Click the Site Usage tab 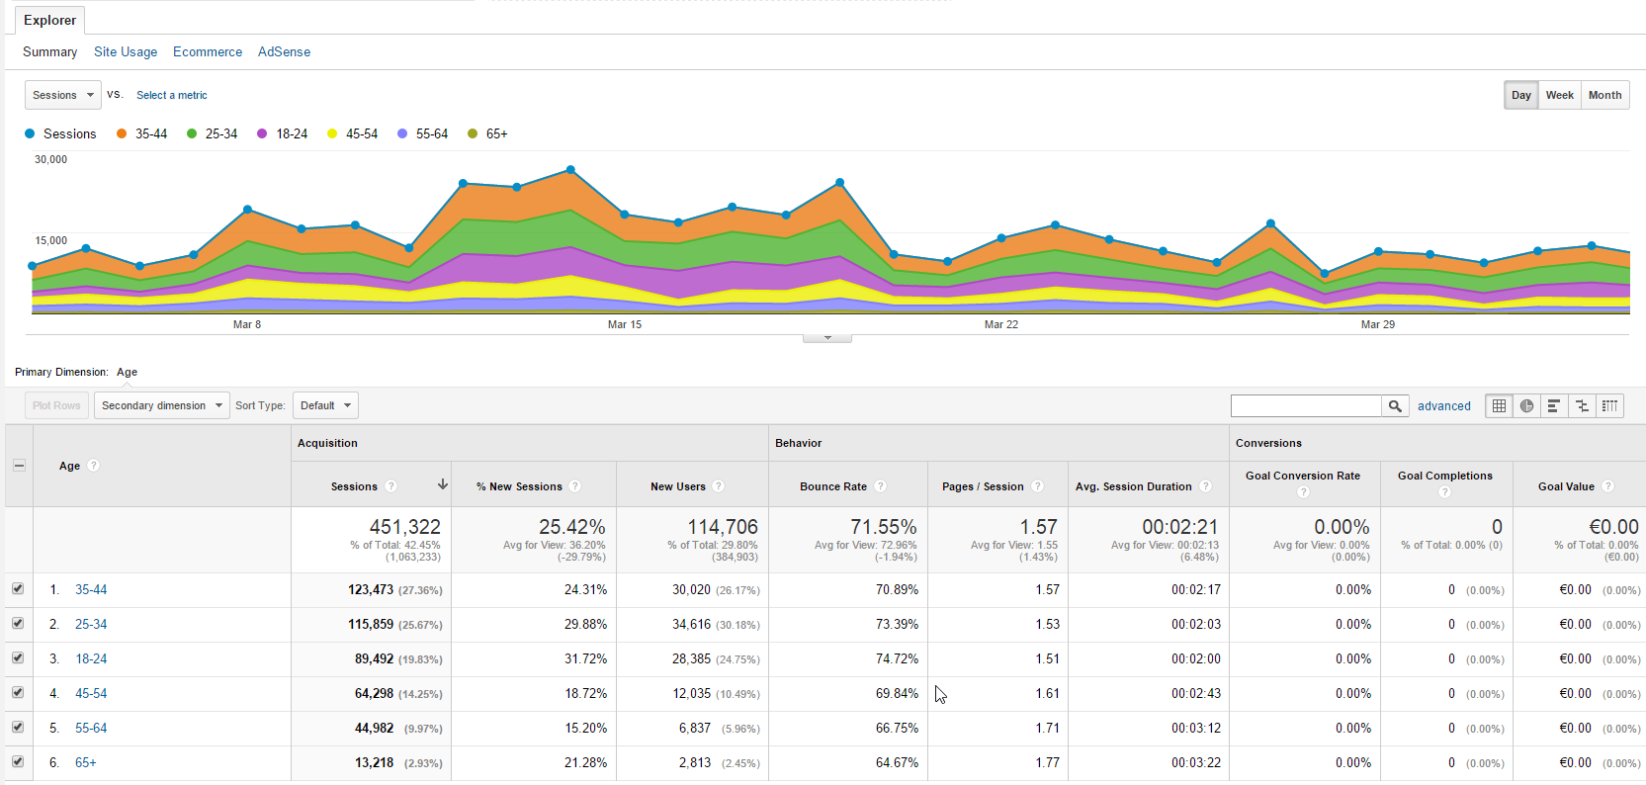(126, 52)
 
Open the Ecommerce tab (208, 52)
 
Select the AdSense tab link (284, 52)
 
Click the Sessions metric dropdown (63, 95)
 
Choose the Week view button (1559, 95)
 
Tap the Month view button (1604, 95)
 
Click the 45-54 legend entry (353, 133)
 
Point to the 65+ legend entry (488, 133)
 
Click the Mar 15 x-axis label (625, 324)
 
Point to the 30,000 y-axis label (50, 159)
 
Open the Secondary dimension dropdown (162, 405)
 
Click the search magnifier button (1395, 405)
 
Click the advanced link (1444, 405)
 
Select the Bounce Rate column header (833, 486)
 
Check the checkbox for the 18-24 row (18, 657)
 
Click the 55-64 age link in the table (91, 728)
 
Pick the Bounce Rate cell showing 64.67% (897, 763)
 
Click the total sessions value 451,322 (405, 527)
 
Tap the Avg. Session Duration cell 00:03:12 (1195, 728)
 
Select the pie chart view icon (1526, 405)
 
